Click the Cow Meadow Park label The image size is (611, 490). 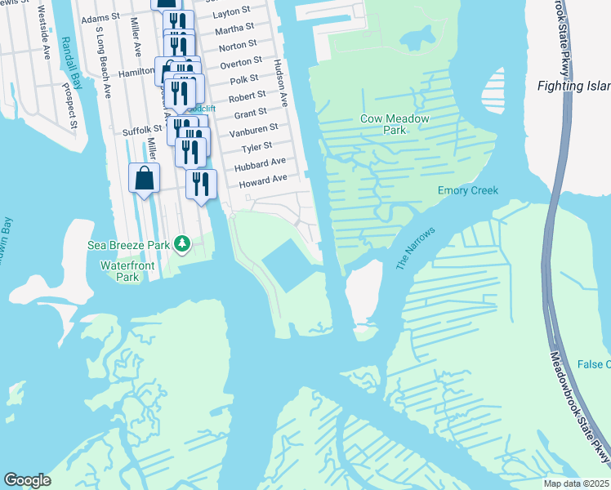383,124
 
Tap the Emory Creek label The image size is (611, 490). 467,190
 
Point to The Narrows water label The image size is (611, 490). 415,248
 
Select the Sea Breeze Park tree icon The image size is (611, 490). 185,243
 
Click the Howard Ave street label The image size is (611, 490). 263,180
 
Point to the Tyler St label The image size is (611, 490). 256,148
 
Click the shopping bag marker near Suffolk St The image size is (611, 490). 145,179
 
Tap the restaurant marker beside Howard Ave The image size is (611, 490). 200,184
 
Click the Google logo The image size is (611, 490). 27,479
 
